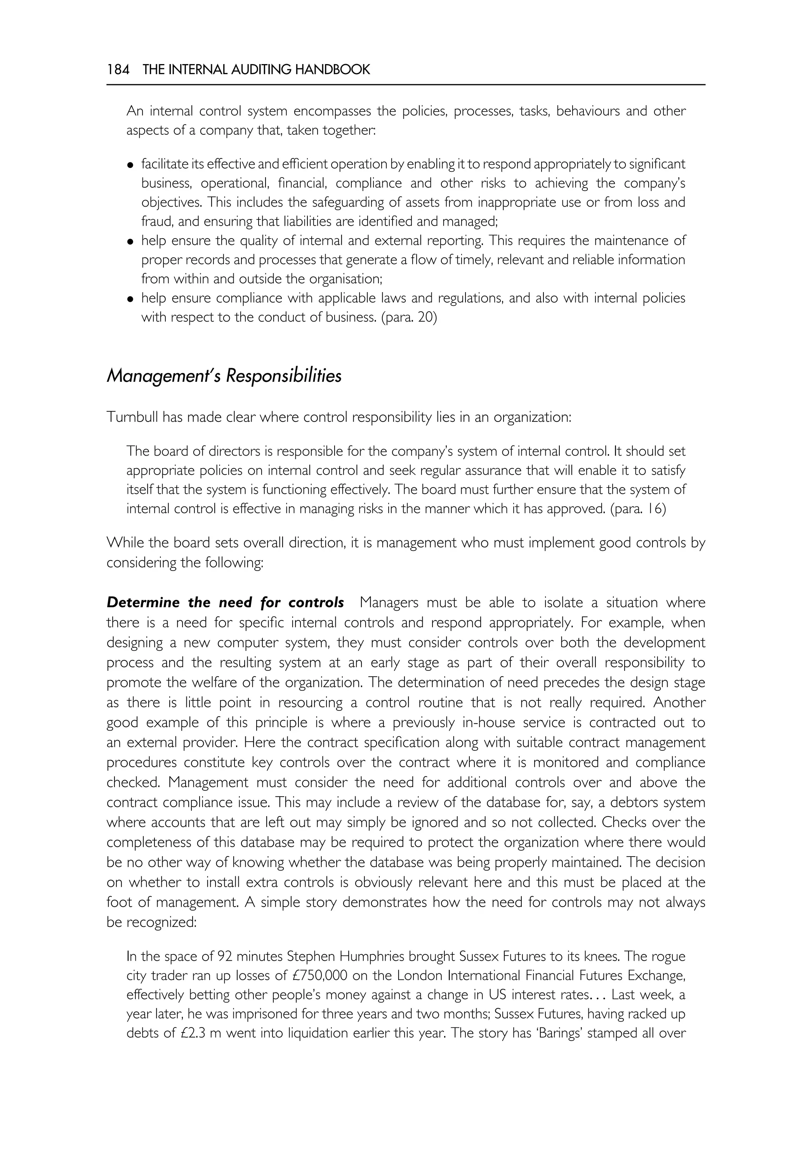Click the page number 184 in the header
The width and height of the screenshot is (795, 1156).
(x=118, y=70)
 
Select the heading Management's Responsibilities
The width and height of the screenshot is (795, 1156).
(x=224, y=376)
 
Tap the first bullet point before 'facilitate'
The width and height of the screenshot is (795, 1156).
(x=130, y=165)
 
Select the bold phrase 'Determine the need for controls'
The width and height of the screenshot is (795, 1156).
(x=225, y=603)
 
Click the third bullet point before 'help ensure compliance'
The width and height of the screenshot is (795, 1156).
(x=130, y=299)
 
